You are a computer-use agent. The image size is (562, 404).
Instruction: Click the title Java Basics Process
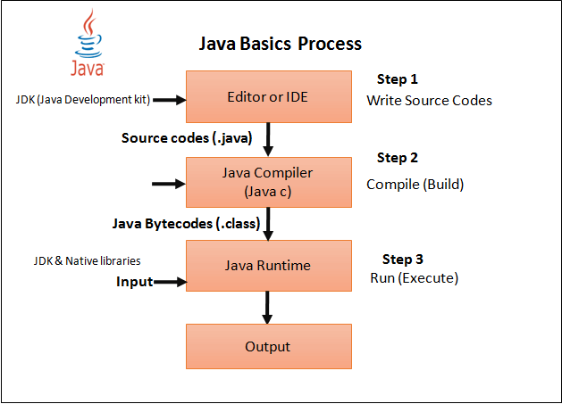click(279, 44)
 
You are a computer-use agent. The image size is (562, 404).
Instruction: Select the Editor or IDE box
click(268, 95)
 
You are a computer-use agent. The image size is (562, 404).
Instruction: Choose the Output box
click(268, 346)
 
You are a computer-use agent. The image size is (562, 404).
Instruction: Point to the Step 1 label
click(398, 78)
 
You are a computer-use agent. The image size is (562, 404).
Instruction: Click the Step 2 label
click(398, 158)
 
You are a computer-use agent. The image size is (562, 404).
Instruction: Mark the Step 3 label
click(403, 260)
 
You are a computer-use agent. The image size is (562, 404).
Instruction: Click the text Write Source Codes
click(429, 101)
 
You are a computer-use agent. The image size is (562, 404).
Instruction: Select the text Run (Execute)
click(414, 278)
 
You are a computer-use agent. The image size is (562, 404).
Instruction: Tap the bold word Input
click(134, 282)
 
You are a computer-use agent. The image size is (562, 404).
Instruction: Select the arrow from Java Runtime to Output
click(267, 308)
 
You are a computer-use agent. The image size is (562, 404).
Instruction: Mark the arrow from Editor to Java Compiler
click(267, 138)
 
